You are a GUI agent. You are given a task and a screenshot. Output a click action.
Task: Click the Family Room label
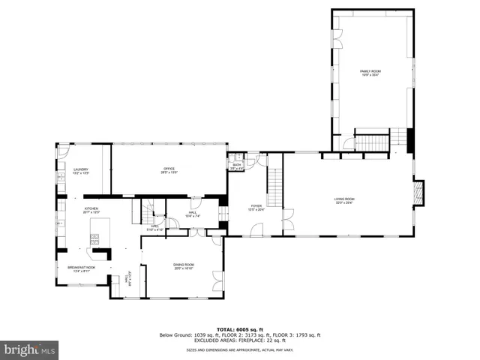pyautogui.click(x=370, y=72)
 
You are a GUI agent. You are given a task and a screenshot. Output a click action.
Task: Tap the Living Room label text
pyautogui.click(x=343, y=200)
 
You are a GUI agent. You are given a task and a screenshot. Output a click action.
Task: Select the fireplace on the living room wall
pyautogui.click(x=418, y=193)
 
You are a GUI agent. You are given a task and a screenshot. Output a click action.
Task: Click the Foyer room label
pyautogui.click(x=256, y=207)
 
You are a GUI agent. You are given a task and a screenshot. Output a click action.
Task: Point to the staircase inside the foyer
pyautogui.click(x=274, y=188)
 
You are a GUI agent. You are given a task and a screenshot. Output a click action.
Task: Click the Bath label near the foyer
pyautogui.click(x=236, y=166)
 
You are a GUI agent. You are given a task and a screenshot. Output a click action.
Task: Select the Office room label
pyautogui.click(x=169, y=170)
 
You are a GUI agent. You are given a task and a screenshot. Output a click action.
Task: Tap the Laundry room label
pyautogui.click(x=81, y=171)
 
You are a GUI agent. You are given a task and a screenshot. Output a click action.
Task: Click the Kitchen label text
pyautogui.click(x=91, y=210)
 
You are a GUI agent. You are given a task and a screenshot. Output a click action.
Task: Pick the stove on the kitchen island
pyautogui.click(x=94, y=240)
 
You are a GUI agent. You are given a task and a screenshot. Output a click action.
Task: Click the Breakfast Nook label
pyautogui.click(x=81, y=269)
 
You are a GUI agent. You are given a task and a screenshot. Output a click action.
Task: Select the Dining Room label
pyautogui.click(x=184, y=265)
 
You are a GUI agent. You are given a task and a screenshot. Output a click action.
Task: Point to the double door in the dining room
pyautogui.click(x=217, y=280)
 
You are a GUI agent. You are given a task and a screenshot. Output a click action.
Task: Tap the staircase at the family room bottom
pyautogui.click(x=372, y=142)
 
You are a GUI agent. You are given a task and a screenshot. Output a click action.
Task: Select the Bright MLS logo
pyautogui.click(x=29, y=349)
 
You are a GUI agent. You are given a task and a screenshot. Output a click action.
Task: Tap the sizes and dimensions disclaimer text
pyautogui.click(x=240, y=349)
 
